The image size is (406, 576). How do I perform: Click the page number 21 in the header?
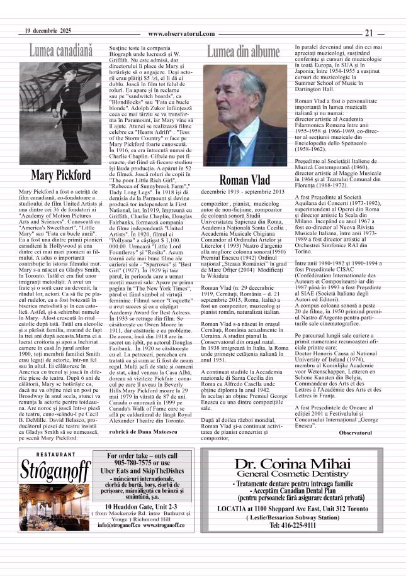pyautogui.click(x=369, y=33)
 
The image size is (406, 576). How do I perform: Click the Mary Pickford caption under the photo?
pyautogui.click(x=60, y=174)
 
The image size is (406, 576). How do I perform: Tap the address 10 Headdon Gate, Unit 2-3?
pyautogui.click(x=141, y=523)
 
